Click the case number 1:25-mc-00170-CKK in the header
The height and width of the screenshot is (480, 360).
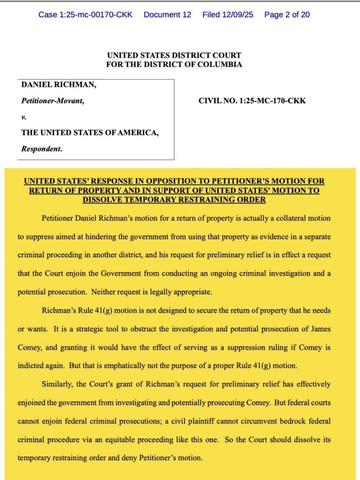[x=85, y=15]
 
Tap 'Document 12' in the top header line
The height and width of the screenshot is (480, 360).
[x=167, y=15]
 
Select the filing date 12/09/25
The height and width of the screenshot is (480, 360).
[x=228, y=15]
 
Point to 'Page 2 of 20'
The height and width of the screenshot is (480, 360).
[x=287, y=15]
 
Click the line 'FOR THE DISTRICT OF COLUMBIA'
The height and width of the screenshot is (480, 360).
[x=174, y=65]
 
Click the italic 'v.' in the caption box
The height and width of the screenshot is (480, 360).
[x=24, y=117]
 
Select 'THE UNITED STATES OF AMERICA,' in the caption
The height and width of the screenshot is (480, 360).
[x=90, y=133]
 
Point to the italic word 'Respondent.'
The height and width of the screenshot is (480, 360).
[x=42, y=150]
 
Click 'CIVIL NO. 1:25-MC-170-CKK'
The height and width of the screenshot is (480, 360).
[x=252, y=100]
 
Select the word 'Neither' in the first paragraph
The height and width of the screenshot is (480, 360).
[x=104, y=292]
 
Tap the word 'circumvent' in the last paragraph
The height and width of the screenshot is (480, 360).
[x=239, y=420]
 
